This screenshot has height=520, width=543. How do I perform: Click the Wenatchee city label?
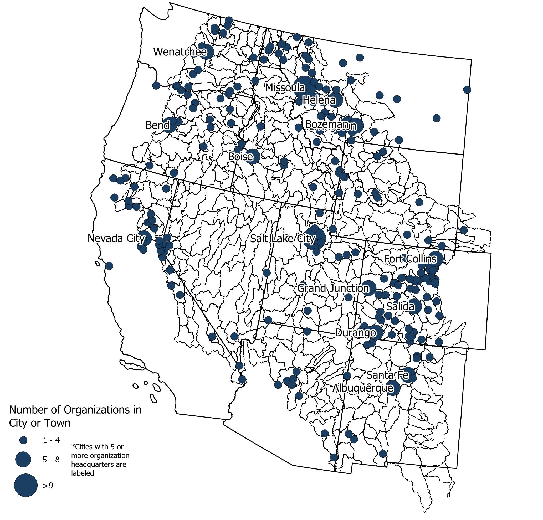(180, 52)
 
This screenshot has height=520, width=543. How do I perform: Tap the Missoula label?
(285, 87)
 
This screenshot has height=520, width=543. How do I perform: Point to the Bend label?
(157, 125)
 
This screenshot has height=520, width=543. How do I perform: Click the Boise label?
(240, 157)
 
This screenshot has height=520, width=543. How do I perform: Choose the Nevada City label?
(116, 238)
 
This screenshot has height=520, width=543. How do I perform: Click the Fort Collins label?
(410, 259)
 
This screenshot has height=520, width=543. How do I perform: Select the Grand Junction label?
(333, 288)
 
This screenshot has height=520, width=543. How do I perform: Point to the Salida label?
(400, 306)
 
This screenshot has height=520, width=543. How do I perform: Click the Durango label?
(355, 333)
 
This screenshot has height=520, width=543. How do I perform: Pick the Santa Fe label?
(387, 375)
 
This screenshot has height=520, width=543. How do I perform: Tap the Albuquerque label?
(363, 388)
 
